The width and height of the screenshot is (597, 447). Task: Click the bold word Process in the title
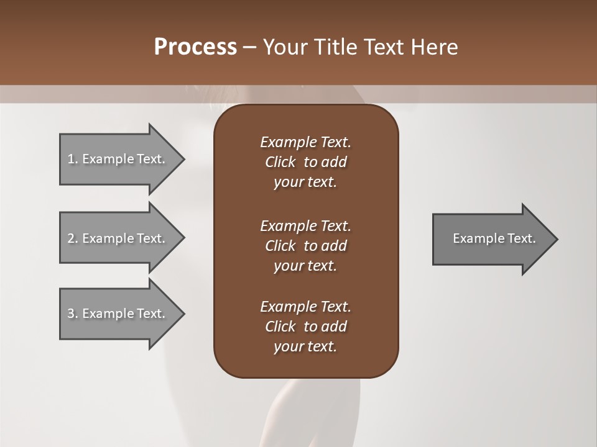195,47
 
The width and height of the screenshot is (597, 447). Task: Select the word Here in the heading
435,47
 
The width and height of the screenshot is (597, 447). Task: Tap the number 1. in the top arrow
72,159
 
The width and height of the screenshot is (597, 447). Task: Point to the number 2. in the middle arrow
72,238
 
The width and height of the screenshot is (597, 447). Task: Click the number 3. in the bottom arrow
72,314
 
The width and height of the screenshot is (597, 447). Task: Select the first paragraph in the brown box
305,162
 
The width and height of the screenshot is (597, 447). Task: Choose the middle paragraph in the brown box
305,246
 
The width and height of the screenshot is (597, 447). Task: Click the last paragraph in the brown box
305,327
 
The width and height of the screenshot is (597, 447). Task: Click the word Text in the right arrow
521,238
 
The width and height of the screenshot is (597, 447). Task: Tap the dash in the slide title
249,47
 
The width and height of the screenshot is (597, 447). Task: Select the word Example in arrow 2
108,238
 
